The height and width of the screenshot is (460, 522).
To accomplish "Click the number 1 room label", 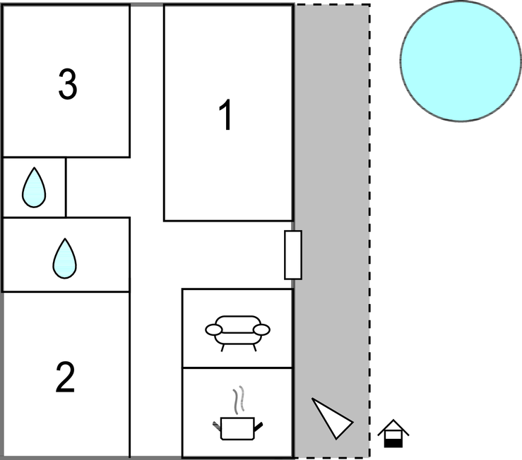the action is [x=226, y=115].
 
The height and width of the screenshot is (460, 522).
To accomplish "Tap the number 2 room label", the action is [x=65, y=377].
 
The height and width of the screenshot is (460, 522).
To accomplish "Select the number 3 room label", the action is [x=68, y=84].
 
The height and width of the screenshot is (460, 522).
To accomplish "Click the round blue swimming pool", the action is [x=461, y=61].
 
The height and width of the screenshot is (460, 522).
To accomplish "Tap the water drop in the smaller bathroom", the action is [x=34, y=188].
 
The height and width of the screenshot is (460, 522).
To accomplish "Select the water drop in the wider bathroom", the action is [x=64, y=258].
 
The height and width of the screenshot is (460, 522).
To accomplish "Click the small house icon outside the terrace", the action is [x=393, y=433].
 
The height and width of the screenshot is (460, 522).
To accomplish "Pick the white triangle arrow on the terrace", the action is [x=333, y=419].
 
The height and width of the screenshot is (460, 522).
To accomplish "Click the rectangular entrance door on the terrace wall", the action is [x=293, y=255].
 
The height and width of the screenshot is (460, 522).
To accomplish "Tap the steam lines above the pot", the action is [x=239, y=399].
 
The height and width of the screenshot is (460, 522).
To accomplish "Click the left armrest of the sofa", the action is [x=213, y=329].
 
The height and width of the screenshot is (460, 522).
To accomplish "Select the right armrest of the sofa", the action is [x=261, y=329].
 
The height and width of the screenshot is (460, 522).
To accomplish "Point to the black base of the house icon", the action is [x=393, y=443].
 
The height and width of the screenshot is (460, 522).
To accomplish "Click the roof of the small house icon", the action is [x=393, y=427].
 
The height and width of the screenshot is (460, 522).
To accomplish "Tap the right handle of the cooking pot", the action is [x=259, y=426].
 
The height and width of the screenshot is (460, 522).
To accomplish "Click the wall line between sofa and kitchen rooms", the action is [x=237, y=368].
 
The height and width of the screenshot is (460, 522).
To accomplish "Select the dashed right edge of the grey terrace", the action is [x=369, y=231].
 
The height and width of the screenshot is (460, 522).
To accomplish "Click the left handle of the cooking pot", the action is [x=217, y=425].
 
